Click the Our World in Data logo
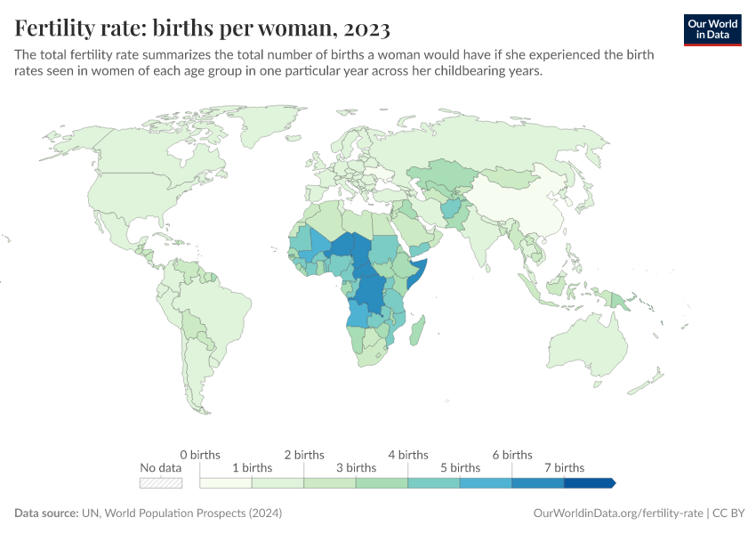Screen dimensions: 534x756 pos(712,28)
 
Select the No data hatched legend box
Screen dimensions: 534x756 pos(161,482)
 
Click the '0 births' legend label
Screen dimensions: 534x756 pos(199,455)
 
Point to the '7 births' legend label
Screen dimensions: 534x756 pos(563,467)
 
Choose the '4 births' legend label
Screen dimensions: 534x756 pos(407,455)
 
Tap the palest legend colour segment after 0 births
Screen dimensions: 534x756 pos(226,482)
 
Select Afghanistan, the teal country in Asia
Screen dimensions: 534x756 pos(453,211)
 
